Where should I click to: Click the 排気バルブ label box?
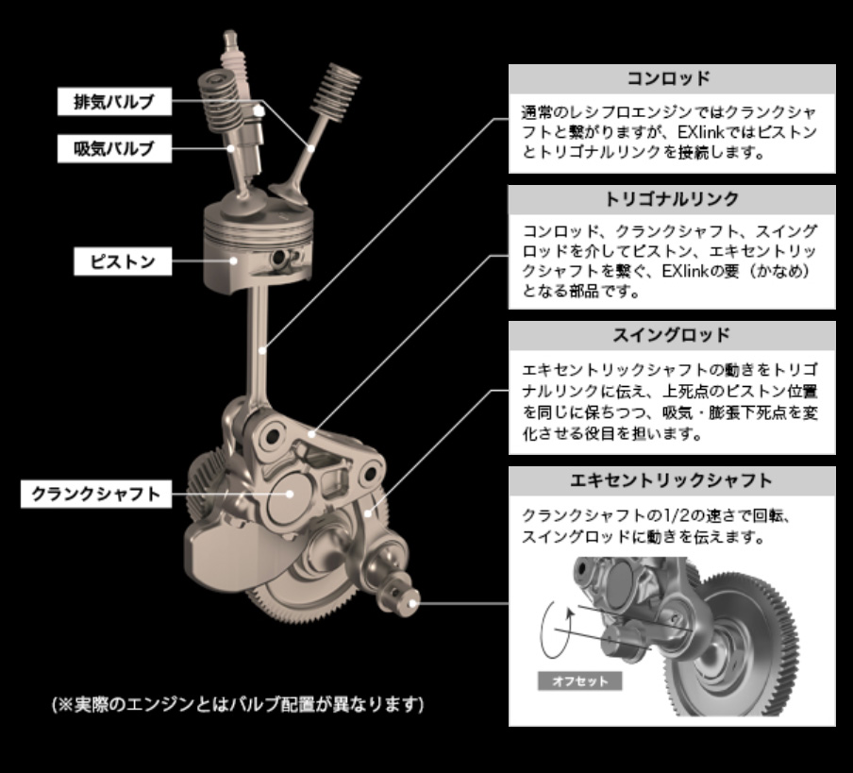[x=115, y=101]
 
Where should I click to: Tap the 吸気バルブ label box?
[x=115, y=148]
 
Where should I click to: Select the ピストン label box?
[x=123, y=261]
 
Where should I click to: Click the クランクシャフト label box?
[x=96, y=494]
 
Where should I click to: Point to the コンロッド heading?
[x=672, y=79]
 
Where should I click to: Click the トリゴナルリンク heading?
[x=672, y=200]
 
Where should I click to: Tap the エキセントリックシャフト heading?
[x=672, y=480]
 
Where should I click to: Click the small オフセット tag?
[x=580, y=681]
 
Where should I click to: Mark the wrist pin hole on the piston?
[x=280, y=257]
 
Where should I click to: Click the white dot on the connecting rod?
[x=262, y=351]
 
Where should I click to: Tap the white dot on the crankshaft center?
[x=290, y=494]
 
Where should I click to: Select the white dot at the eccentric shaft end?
[x=411, y=603]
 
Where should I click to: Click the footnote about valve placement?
[x=238, y=704]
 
